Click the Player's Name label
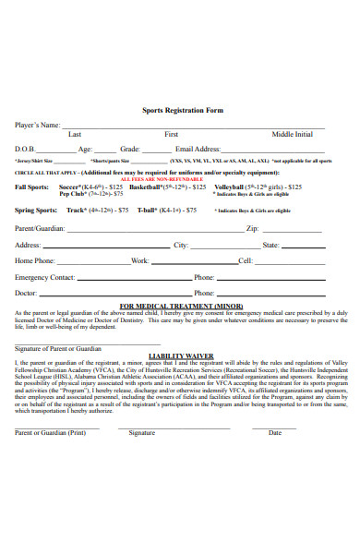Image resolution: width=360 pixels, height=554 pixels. coord(38,124)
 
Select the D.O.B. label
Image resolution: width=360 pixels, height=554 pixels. coord(25,149)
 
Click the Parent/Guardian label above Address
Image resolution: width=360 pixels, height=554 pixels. coord(40,227)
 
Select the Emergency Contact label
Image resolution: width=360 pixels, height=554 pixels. coord(44,277)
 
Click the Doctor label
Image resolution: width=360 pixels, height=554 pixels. coord(27,293)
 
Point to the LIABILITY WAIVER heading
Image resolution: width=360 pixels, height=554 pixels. coord(181,355)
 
